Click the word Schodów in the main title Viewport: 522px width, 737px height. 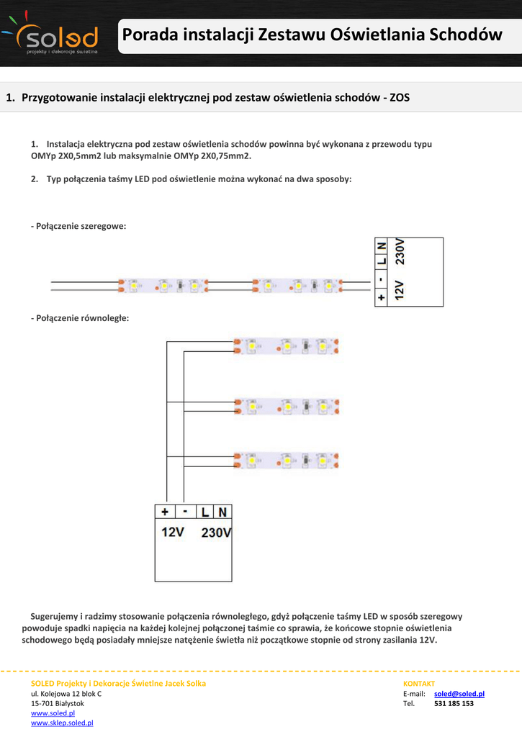(464, 35)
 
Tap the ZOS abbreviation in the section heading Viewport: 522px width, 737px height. (399, 97)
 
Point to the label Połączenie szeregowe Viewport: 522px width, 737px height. (79, 226)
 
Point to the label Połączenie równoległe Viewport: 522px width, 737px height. (80, 317)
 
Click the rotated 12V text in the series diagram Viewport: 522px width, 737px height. (400, 290)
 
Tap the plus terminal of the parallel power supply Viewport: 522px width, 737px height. (165, 512)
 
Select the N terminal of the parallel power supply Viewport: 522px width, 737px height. (222, 512)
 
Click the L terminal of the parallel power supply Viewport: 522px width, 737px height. (206, 512)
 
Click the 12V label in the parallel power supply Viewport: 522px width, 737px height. (172, 533)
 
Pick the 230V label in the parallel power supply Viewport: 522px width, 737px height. (216, 533)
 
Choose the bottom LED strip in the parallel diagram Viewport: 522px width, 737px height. (287, 459)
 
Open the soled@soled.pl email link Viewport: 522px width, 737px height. (459, 694)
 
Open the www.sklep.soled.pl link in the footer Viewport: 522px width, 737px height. (62, 723)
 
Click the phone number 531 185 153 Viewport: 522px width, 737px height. (454, 703)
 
